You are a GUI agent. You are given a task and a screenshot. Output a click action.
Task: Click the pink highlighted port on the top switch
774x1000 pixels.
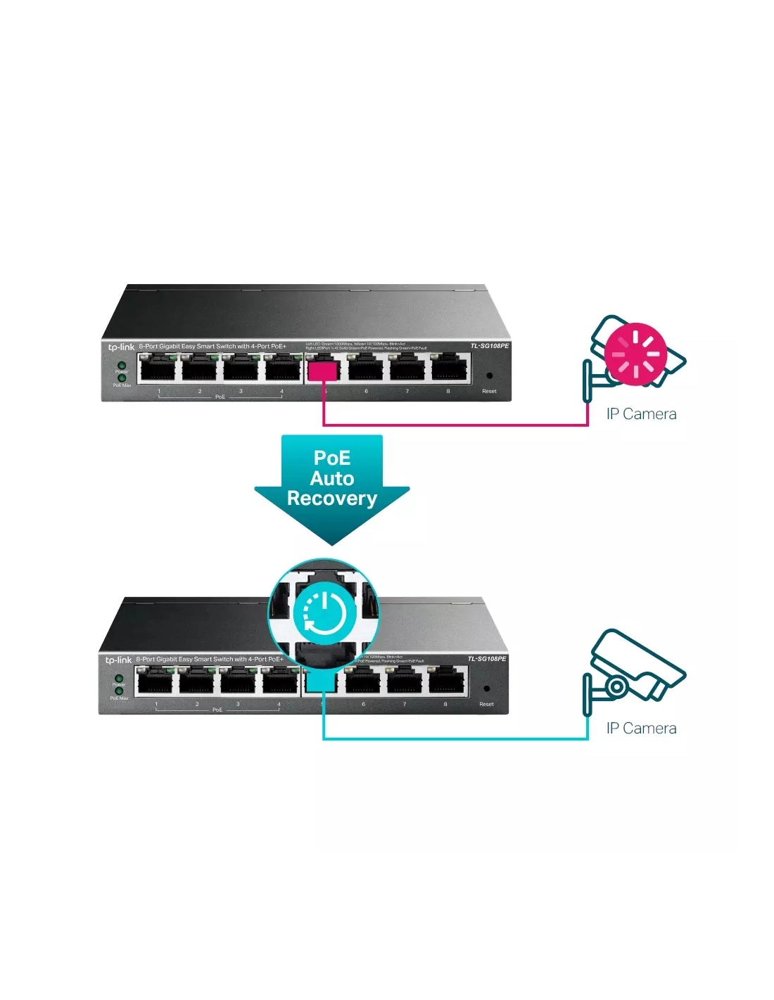[x=323, y=369]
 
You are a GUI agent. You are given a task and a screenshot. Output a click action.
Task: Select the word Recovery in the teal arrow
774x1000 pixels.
[x=332, y=499]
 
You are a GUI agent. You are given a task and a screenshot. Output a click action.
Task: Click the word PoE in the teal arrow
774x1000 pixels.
[x=332, y=458]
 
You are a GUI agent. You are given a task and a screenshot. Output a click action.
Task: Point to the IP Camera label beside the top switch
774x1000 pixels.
[x=641, y=414]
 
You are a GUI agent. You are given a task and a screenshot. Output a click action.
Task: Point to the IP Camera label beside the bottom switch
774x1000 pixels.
[x=641, y=729]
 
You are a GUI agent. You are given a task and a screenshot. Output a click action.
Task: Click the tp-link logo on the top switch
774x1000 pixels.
[x=120, y=347]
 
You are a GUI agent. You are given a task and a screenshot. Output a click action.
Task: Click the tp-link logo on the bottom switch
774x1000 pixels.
[x=118, y=660]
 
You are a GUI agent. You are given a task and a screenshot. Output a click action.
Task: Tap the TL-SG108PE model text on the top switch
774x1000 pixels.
[x=489, y=346]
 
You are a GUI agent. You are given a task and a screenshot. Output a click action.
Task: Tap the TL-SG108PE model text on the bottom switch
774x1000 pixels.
[x=487, y=659]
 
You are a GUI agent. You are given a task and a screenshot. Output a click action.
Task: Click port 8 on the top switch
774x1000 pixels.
[x=450, y=368]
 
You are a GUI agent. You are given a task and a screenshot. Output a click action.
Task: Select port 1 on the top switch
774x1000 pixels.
[x=158, y=368]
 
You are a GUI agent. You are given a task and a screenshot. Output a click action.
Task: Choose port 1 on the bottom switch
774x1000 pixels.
[x=155, y=681]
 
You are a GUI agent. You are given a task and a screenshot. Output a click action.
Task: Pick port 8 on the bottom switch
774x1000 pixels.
[x=447, y=681]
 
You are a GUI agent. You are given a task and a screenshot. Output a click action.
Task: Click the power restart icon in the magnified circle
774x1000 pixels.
[x=324, y=612]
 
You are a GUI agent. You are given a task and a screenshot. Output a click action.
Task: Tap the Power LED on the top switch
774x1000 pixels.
[x=121, y=365]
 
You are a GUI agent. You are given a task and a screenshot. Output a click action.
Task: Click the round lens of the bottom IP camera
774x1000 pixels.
[x=616, y=686]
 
